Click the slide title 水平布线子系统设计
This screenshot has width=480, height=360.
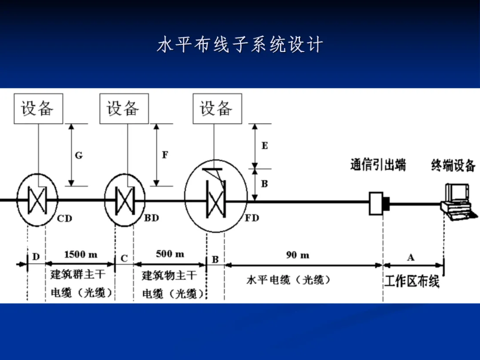point(240,45)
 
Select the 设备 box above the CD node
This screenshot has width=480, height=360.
point(38,108)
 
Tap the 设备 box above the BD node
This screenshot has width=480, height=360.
point(124,108)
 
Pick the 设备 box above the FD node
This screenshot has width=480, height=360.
point(217,108)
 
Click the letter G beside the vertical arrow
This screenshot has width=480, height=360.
point(78,155)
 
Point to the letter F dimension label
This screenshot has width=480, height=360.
point(165,155)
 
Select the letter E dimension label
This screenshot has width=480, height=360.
point(264,145)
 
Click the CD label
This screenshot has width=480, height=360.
point(64,218)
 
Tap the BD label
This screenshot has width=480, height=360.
point(151,218)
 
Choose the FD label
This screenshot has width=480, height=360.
point(252,218)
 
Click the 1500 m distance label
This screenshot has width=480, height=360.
point(80,255)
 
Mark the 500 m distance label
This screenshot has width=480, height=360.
point(170,254)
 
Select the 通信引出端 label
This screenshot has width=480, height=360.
point(378,165)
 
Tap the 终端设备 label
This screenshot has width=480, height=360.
point(453,165)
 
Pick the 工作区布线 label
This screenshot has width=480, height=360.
point(412,281)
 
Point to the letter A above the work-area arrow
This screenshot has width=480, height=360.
point(411,257)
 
